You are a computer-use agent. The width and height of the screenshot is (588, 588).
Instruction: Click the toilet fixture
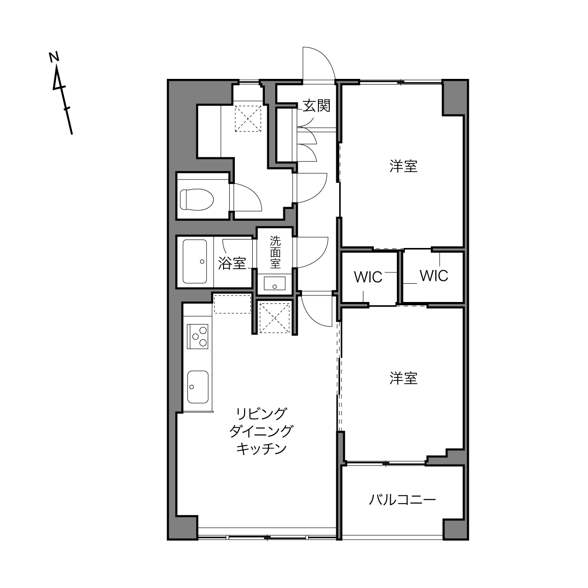pos(196,200)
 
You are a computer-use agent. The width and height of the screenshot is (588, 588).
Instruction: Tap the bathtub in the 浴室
pos(195,262)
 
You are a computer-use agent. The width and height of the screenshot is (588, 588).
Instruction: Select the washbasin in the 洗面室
pos(275,283)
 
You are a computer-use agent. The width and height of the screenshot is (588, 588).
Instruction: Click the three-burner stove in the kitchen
pos(198,336)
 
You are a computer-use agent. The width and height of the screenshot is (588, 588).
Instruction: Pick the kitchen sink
pos(198,387)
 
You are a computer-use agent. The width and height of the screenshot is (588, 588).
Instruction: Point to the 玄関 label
pos(317,106)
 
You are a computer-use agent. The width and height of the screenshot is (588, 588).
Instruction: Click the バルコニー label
pos(402,500)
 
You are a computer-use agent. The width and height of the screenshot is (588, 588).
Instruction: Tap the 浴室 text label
pos(232,263)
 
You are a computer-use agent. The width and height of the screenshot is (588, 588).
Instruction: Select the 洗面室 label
pos(275,252)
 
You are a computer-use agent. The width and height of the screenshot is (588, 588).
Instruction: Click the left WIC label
pos(368,277)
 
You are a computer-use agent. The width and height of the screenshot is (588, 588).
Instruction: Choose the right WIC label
pos(433,276)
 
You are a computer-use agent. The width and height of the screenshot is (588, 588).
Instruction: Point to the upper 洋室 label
pos(403,166)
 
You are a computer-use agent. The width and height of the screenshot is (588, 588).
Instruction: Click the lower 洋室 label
pos(403,379)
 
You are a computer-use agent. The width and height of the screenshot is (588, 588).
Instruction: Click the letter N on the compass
pos(54,57)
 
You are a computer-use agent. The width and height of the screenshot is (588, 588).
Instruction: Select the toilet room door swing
pos(253,192)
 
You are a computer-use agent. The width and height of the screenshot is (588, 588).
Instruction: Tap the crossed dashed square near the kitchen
pos(274,318)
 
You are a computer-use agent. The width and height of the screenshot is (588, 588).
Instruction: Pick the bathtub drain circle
pos(202,262)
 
